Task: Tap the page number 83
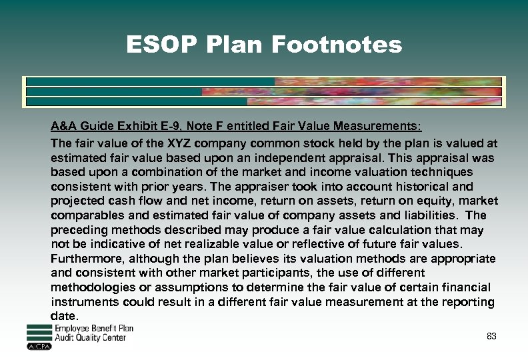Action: click(x=491, y=336)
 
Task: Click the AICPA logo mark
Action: click(x=39, y=346)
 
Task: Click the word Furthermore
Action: click(x=87, y=259)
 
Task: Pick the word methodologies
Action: click(x=92, y=287)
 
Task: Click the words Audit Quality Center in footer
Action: click(x=90, y=338)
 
